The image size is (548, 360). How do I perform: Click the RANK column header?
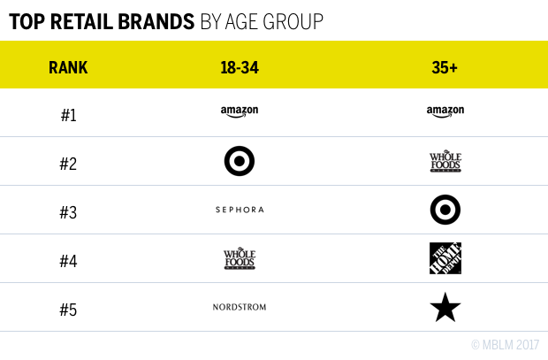(69, 67)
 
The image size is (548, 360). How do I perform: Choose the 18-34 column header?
(239, 67)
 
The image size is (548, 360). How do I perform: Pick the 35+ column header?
(445, 67)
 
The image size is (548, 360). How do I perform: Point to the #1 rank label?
(69, 113)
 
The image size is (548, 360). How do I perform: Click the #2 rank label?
(69, 162)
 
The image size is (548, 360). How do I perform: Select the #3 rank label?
(69, 211)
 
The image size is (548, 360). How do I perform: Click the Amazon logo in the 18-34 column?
(240, 112)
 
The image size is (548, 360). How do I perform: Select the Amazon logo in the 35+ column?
(445, 112)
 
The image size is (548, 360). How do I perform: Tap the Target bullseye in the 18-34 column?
(240, 161)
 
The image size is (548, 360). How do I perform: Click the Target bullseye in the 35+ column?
(445, 210)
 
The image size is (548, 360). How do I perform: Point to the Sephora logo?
(240, 210)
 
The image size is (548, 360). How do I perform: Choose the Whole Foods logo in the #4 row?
(240, 258)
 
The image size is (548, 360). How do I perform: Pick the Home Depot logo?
(445, 258)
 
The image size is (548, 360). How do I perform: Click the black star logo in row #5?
(445, 307)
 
